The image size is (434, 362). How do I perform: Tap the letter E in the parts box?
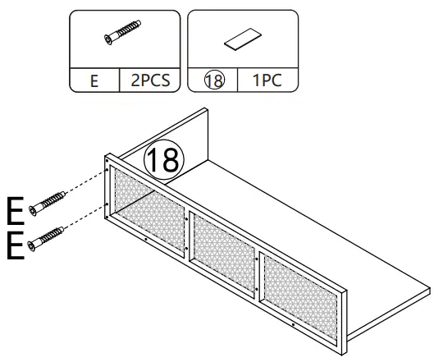[x=94, y=82]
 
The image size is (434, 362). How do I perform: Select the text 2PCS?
[x=148, y=82]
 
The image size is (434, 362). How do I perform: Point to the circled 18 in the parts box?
[x=213, y=82]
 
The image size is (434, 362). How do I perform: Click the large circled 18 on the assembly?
[x=162, y=159]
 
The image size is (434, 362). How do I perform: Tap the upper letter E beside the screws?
[x=15, y=210]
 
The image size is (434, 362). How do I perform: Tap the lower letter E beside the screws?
[x=15, y=245]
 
